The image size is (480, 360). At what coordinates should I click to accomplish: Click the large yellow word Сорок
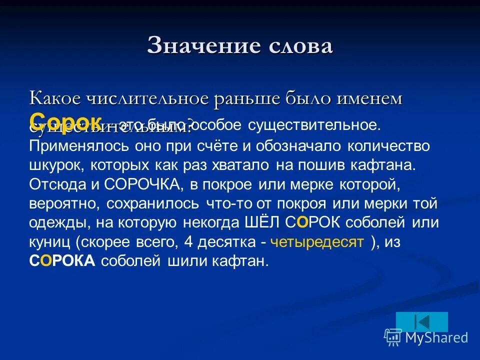point(65,120)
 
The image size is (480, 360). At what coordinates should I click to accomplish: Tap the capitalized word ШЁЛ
point(261,222)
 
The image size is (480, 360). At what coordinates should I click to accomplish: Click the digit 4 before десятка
point(188,242)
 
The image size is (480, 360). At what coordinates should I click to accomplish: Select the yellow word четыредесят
point(316,242)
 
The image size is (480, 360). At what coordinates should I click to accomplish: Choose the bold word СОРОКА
point(62,261)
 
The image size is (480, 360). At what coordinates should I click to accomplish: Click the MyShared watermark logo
point(426,337)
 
